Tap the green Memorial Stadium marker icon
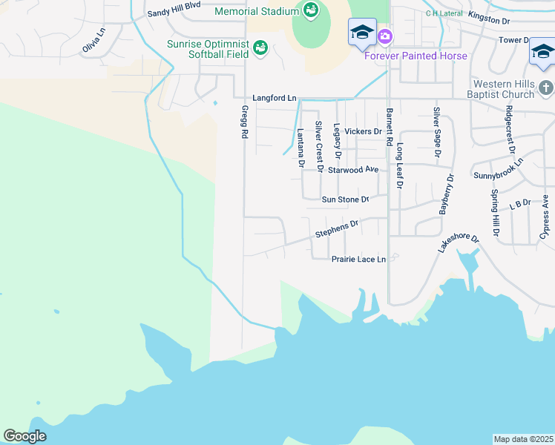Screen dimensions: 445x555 [x=310, y=10]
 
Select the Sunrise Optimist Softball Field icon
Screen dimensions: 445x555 [x=260, y=48]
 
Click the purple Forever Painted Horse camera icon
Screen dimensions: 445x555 [x=384, y=36]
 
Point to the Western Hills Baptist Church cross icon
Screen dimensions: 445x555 [x=546, y=89]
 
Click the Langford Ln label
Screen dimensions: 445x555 [x=274, y=98]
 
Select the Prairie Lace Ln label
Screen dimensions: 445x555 [x=358, y=259]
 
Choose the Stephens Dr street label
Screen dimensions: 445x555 [x=337, y=228]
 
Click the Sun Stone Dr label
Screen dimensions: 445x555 [x=345, y=200]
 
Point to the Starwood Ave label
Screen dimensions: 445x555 [x=353, y=170]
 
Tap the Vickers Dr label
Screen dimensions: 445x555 [x=363, y=131]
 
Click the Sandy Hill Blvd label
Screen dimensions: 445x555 [x=174, y=13]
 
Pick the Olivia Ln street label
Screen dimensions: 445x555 [x=94, y=40]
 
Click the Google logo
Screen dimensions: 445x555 [x=24, y=436]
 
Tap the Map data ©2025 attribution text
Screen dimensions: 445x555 [x=524, y=439]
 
